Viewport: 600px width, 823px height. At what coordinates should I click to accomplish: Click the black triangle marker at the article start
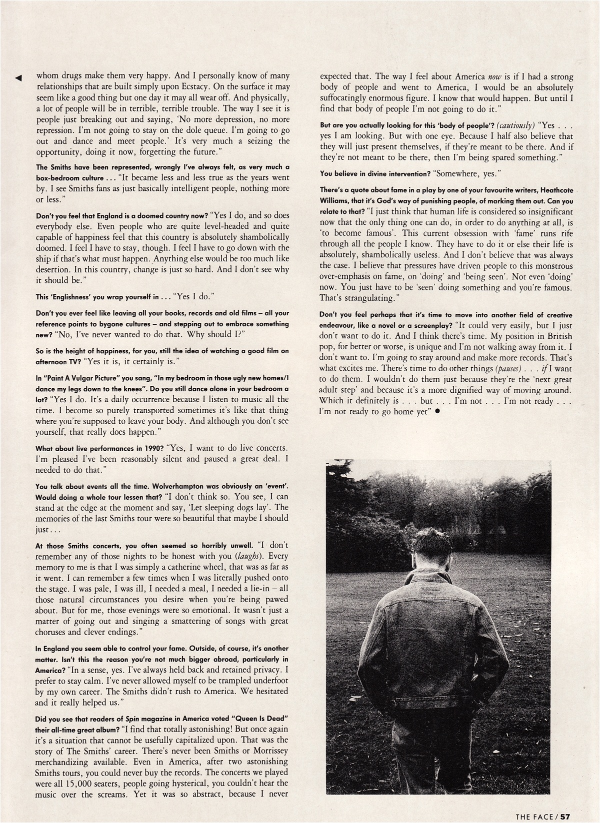click(18, 77)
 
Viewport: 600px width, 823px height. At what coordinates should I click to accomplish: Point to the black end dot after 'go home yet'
click(437, 411)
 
